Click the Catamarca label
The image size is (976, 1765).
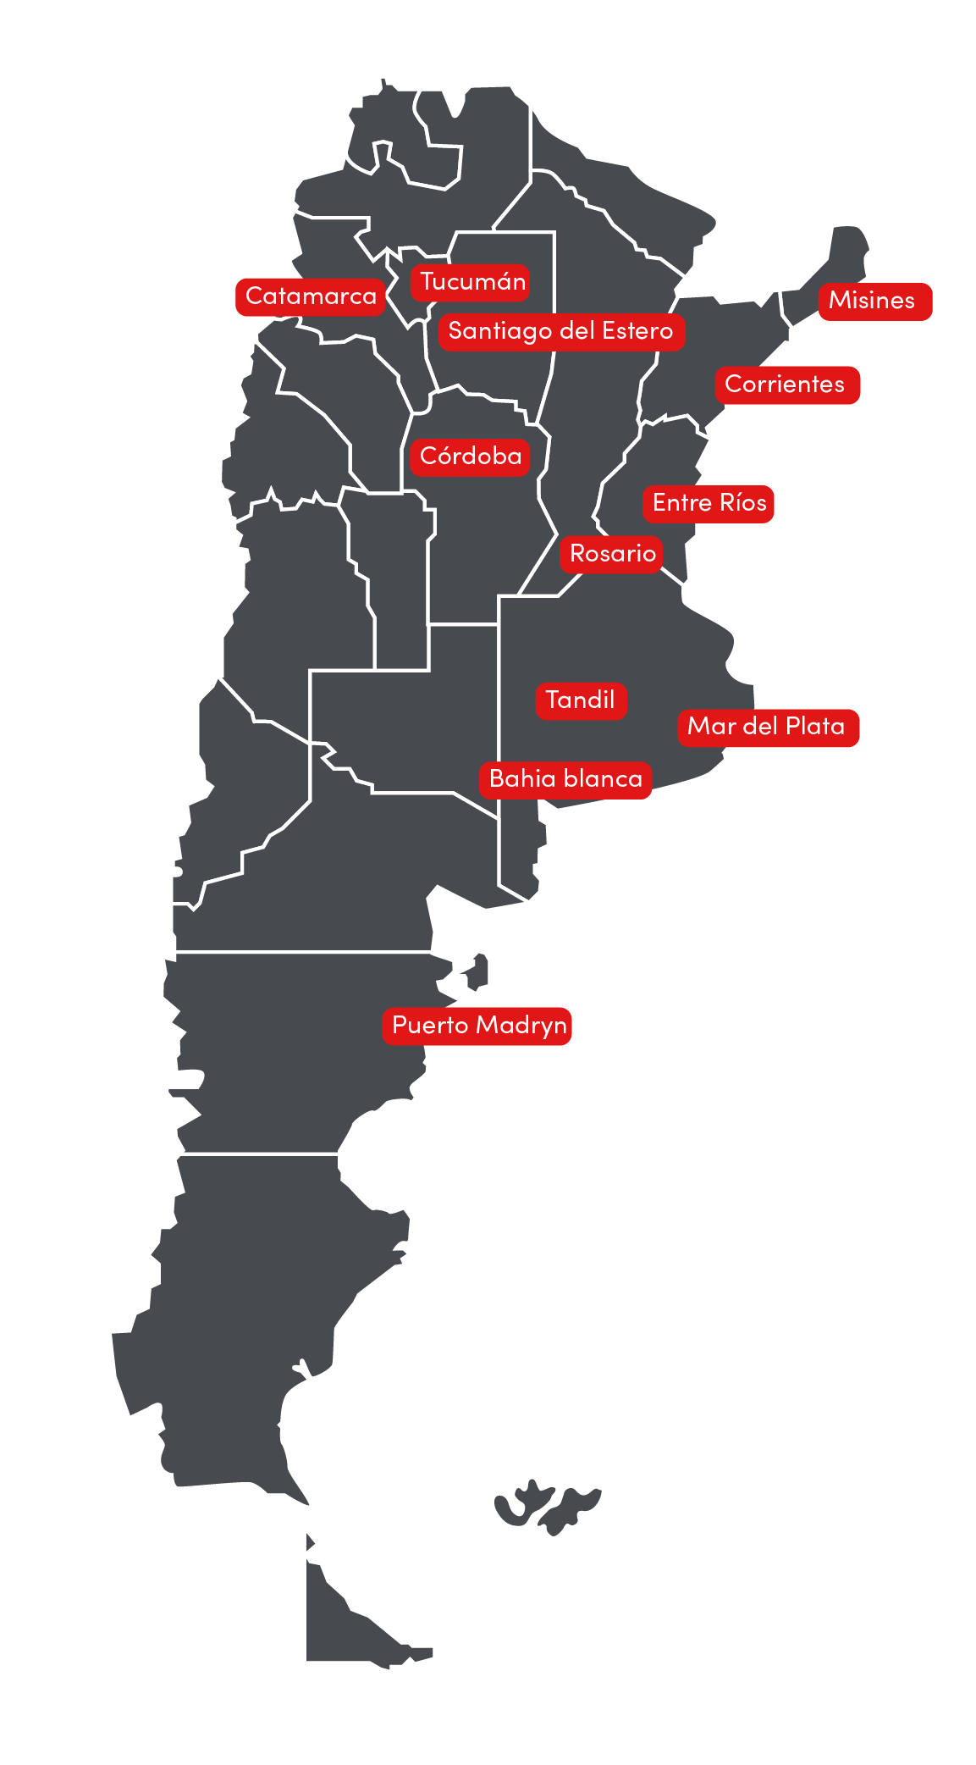pos(311,296)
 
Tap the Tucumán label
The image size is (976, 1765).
pos(472,282)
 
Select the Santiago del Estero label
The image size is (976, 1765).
pos(560,331)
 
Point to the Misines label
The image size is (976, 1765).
pos(873,301)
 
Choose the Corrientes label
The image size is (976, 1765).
pos(786,385)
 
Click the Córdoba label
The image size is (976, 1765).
pos(471,456)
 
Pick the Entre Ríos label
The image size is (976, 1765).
pos(709,503)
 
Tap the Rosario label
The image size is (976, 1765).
pos(613,554)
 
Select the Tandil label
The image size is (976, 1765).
pos(581,700)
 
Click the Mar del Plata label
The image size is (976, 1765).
pos(766,727)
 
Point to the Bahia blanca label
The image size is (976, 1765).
pos(565,779)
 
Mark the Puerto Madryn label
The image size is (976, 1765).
pos(479,1026)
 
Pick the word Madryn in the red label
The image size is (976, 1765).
pos(521,1026)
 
